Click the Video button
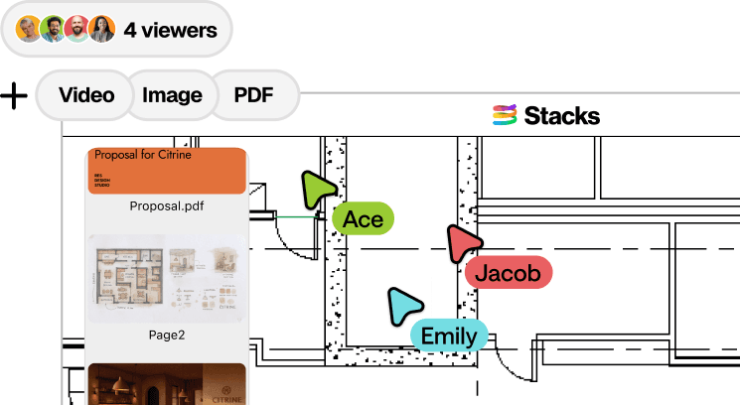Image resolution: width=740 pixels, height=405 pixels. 84,95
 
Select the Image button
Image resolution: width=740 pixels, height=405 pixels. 172,95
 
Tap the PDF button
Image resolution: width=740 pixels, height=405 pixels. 253,95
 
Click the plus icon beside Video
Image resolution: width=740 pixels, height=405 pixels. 14,96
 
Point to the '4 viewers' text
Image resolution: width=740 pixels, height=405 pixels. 170,30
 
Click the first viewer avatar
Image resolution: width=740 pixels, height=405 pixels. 30,30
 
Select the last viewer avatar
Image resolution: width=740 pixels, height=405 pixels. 101,30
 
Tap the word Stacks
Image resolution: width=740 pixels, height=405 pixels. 562,116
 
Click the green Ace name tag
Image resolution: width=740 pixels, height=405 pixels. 363,219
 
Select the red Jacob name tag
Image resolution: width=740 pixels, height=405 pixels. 507,273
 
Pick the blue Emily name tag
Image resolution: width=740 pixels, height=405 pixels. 449,336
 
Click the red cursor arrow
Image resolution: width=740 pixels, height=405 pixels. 462,244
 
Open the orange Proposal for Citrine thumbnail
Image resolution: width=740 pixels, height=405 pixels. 166,171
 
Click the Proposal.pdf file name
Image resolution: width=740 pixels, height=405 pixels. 166,206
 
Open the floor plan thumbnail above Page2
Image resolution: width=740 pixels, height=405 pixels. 166,277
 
